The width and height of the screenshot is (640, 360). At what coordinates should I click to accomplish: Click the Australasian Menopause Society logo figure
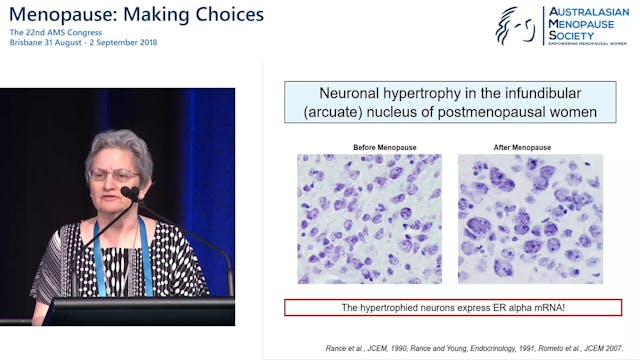[x=517, y=25]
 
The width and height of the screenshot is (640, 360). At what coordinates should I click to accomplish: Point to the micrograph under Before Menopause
[x=369, y=219]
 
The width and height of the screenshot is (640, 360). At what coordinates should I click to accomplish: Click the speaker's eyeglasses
[x=113, y=175]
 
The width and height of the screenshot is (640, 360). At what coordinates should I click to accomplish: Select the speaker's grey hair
[x=120, y=145]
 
